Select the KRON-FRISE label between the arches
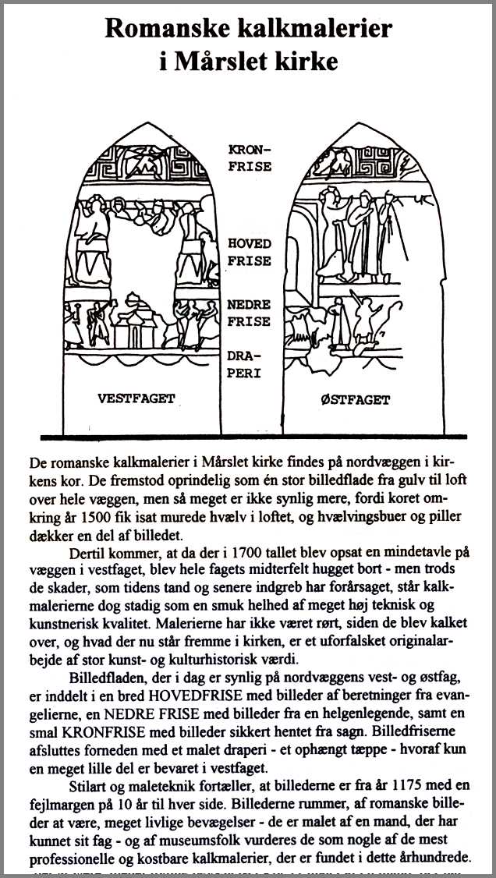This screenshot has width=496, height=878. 250,157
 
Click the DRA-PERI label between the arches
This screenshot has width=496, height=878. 244,365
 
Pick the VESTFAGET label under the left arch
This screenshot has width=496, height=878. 136,398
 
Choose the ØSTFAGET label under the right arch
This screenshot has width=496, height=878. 355,399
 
